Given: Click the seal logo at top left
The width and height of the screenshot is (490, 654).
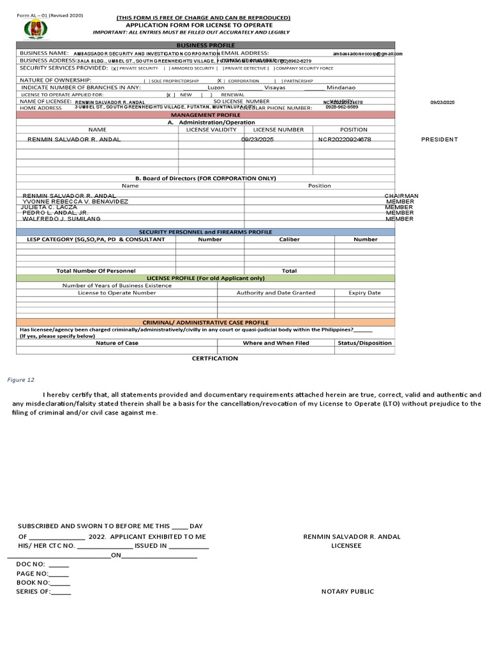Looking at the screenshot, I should pos(35,29).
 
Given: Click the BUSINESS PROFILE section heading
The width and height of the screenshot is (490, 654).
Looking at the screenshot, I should pos(205,45).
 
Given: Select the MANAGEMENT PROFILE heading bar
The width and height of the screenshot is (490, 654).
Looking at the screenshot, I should pos(205,114).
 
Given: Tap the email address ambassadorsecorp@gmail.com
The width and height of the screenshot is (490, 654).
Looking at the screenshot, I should pos(367,54).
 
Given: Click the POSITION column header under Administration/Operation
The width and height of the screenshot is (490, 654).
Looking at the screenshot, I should pos(353,130).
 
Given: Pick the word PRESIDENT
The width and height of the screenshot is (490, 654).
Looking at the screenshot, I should pos(440,139).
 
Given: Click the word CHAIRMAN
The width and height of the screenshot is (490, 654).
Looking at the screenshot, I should pos(401,195).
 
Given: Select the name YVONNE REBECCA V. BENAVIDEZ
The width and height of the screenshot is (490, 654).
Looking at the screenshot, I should pos(75,201).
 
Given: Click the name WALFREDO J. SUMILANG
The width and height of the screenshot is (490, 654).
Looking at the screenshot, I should pos(62,218).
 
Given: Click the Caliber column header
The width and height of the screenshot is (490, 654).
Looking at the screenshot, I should pos(289,240).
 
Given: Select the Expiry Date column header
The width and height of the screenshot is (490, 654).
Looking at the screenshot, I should pos(364,293).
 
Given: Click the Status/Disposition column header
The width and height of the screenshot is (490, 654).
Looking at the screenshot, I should pos(364,343).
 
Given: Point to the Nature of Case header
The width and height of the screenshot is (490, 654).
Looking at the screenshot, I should pos(117,343).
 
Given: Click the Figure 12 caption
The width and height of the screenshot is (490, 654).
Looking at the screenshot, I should pos(21,380).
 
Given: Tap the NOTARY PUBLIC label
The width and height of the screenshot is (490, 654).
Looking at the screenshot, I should pos(348,591).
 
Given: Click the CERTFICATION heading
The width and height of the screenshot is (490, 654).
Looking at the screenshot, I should pos(215,358).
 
